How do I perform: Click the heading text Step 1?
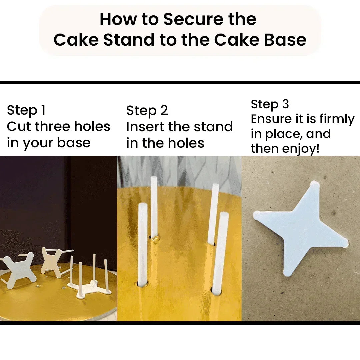26,110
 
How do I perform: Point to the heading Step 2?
147,110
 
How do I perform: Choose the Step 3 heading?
270,104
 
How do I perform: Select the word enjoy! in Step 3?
302,148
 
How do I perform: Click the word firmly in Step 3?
337,119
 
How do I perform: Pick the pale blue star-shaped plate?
300,230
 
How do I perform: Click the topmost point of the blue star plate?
315,183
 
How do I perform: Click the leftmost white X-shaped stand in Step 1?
18,270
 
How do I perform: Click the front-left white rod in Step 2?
143,243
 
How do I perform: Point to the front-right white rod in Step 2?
220,253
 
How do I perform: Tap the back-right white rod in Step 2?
213,213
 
